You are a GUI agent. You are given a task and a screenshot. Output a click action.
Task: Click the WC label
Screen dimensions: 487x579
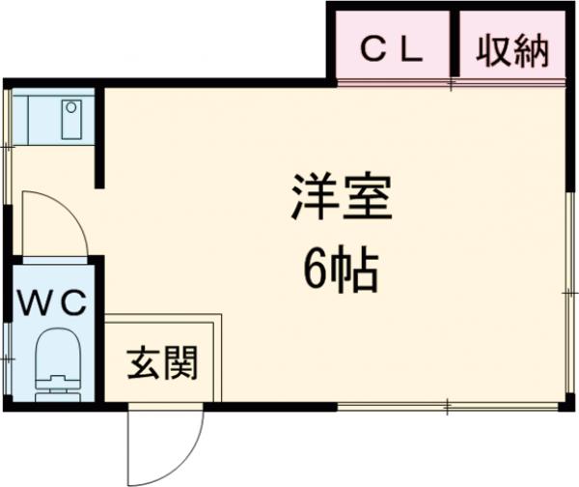pos(53,302)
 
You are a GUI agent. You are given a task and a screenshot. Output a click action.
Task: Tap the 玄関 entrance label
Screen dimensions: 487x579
pos(162,364)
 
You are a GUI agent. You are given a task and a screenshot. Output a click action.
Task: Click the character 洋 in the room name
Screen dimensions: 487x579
pos(312,201)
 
